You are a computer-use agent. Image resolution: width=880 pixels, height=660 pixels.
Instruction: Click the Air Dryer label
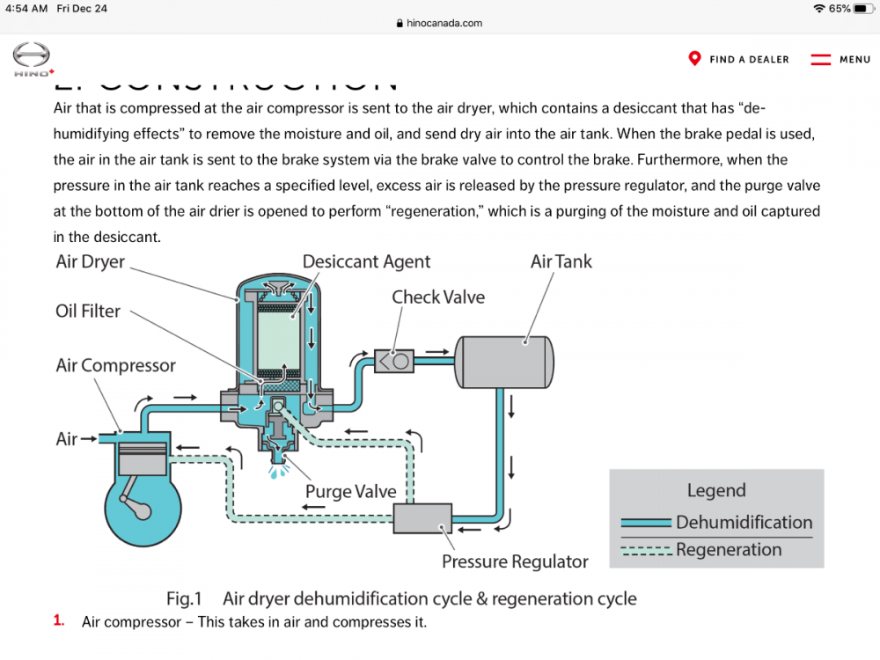coord(91,262)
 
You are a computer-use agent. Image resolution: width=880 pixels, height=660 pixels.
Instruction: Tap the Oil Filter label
coord(88,312)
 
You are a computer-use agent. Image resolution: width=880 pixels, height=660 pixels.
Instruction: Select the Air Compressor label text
coord(115,365)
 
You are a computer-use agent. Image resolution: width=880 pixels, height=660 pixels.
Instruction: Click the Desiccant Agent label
coord(366,261)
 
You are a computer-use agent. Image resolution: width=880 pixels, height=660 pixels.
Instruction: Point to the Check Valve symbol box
coord(394,360)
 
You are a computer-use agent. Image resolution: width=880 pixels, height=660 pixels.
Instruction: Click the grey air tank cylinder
coord(503,361)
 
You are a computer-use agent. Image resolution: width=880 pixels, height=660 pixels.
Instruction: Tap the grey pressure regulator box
coord(422,518)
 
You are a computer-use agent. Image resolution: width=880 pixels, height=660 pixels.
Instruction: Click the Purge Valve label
coord(350,491)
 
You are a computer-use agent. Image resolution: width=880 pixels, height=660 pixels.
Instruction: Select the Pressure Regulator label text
coord(515,561)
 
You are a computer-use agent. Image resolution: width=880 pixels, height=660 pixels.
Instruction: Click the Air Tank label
coord(561,261)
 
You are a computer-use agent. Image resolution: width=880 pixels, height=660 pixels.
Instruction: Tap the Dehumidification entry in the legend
coord(744,522)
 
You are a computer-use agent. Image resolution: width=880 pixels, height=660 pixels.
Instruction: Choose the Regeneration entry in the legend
coord(729,550)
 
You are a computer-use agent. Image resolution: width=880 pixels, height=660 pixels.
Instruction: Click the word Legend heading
coord(716,491)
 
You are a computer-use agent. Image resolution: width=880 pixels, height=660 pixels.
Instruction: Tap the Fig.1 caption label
coord(184,598)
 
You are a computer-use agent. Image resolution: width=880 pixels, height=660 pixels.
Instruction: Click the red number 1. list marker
coord(59,620)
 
